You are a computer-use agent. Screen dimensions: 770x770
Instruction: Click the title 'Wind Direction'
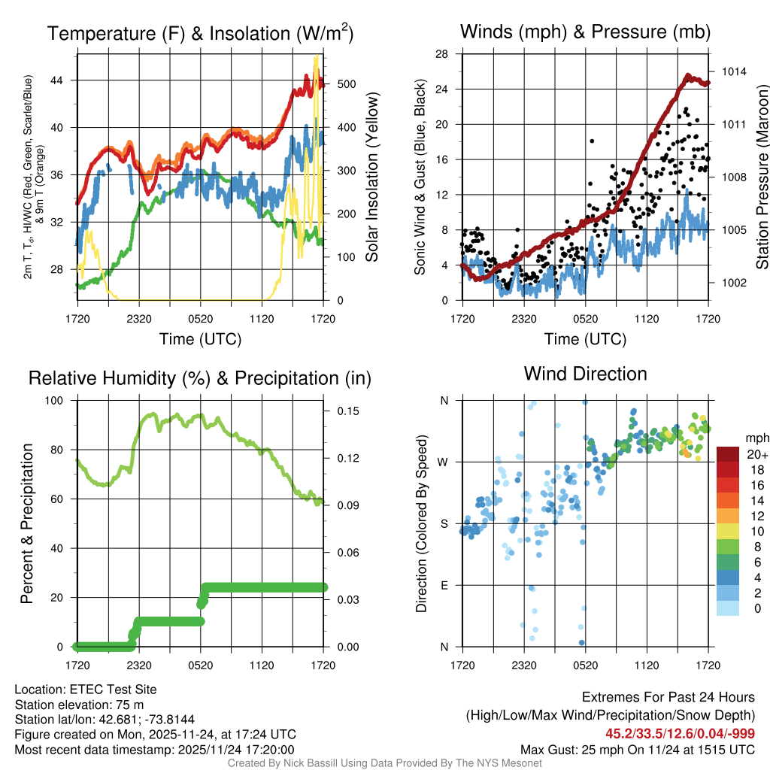[585, 374]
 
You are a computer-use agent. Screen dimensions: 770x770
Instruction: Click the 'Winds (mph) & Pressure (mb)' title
[585, 32]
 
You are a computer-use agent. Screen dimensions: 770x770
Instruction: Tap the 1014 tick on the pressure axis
[733, 71]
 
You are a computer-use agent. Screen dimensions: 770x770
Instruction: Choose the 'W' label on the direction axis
[444, 462]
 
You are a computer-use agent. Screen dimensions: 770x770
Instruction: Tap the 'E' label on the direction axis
[444, 585]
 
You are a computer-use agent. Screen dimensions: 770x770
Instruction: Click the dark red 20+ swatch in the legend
[728, 454]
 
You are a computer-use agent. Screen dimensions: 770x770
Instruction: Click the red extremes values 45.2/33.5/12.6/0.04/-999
[680, 733]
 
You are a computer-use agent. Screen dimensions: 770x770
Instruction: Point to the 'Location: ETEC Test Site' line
[86, 689]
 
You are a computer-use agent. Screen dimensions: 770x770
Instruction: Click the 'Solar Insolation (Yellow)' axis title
[371, 177]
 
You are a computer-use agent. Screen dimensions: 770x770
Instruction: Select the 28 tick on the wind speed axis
[442, 54]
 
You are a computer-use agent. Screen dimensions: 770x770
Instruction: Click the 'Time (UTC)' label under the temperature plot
[200, 339]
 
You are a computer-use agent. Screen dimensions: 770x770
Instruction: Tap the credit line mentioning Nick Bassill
[384, 763]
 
